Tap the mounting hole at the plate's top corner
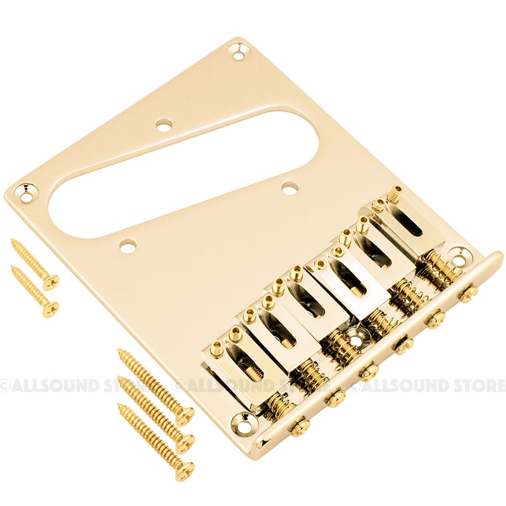point(238,52)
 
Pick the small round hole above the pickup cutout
point(164,126)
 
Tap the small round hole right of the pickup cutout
point(290,188)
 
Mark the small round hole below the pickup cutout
point(128,245)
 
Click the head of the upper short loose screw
point(51,281)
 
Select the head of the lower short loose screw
point(51,309)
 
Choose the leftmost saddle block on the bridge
point(231,370)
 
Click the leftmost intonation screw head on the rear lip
point(299,426)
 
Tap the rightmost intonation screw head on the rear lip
point(468,294)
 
